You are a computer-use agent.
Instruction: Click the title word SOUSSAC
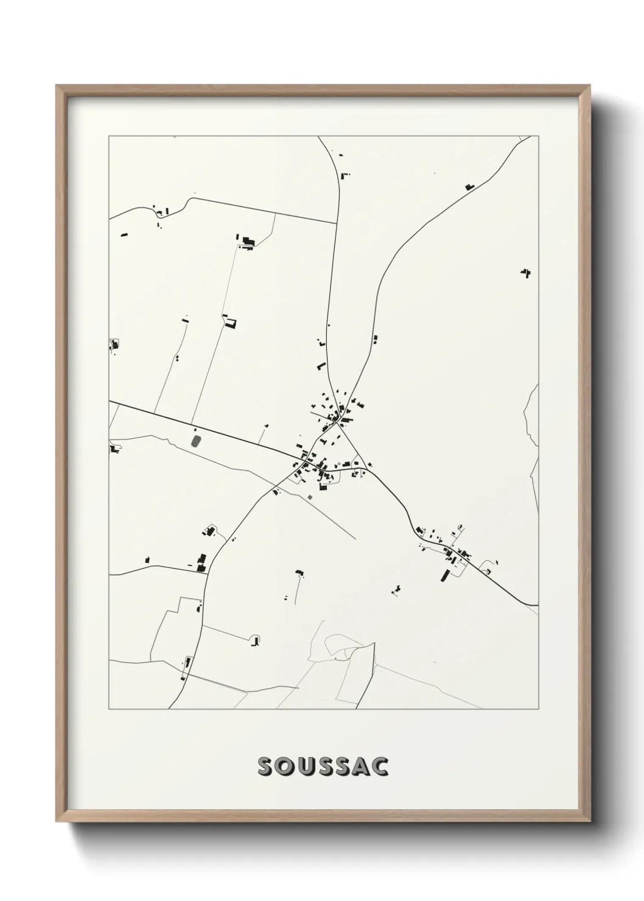[x=323, y=766]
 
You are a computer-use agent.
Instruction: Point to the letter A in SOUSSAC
[x=361, y=766]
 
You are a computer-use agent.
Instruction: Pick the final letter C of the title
[x=380, y=766]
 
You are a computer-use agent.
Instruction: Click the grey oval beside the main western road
[x=196, y=440]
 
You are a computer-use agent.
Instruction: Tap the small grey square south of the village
[x=310, y=497]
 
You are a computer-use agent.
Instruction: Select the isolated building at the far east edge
[x=525, y=272]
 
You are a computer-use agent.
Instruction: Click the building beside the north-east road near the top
[x=469, y=186]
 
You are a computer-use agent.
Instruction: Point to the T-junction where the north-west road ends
[x=337, y=223]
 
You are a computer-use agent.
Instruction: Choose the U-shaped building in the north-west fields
[x=229, y=323]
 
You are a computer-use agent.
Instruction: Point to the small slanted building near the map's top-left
[x=125, y=234]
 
